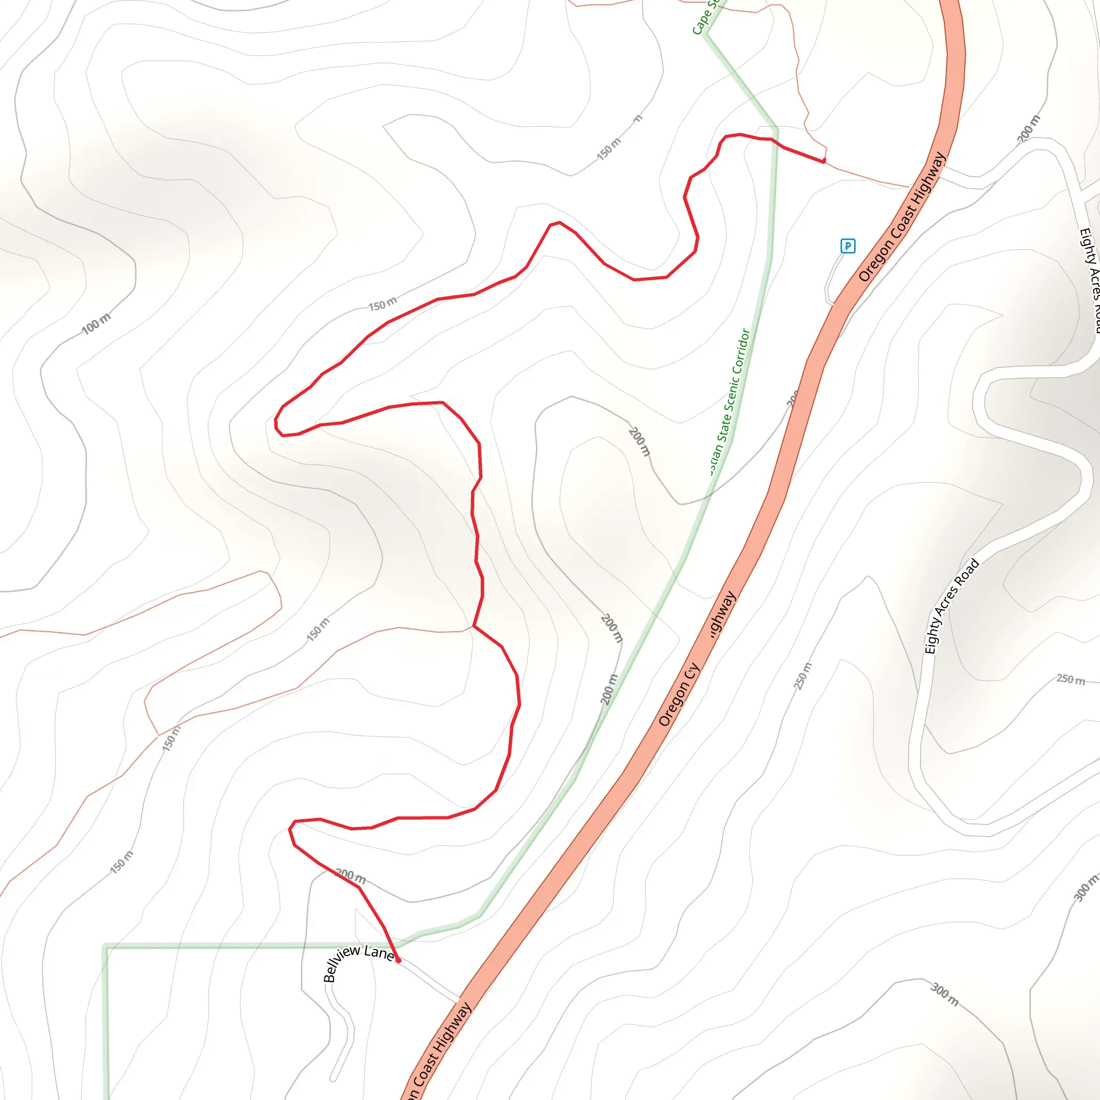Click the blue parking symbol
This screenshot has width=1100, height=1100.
[x=847, y=246]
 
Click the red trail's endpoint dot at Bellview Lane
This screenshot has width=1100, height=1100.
[x=398, y=960]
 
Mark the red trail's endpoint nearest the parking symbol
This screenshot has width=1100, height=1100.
[x=824, y=161]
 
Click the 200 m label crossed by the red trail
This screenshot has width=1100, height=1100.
[x=350, y=875]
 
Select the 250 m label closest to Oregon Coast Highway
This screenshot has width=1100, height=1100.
[x=803, y=676]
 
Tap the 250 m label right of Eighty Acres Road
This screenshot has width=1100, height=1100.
[x=1070, y=679]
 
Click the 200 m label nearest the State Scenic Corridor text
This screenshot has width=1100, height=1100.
[x=639, y=442]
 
